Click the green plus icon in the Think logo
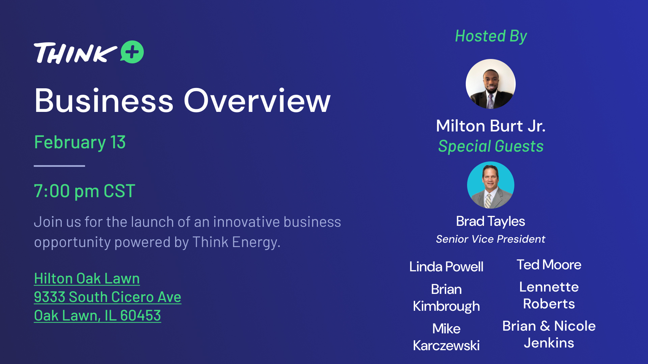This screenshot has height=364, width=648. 132,52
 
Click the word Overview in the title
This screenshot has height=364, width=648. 257,100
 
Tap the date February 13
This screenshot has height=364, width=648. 80,142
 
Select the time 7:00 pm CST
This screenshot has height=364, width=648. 84,191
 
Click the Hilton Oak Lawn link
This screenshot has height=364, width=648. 87,279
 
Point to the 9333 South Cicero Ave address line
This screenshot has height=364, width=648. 108,297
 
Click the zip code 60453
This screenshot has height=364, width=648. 140,316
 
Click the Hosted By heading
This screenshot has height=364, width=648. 491,36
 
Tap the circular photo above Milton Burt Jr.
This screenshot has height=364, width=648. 491,84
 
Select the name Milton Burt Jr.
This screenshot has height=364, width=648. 491,126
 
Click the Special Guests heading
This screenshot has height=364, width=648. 491,146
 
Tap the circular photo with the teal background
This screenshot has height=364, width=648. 491,185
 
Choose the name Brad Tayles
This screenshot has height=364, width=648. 490,221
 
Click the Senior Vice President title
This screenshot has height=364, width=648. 490,239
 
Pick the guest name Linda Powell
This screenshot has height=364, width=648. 446,267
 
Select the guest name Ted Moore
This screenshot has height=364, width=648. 549,265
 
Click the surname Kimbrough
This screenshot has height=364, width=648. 446,306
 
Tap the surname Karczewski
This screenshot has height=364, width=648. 446,345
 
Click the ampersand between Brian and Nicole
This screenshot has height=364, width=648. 545,326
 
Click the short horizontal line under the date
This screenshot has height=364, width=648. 59,166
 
